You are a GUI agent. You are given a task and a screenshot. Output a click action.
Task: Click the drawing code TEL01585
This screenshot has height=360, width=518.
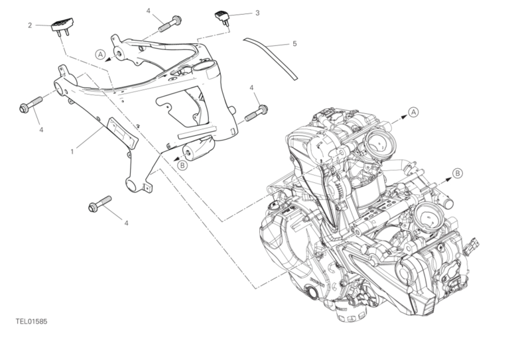coord(31,322)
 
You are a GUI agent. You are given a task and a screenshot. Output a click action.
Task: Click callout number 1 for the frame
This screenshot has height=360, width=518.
coord(72,152)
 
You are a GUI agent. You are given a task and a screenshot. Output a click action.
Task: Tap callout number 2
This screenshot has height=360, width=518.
coord(30,25)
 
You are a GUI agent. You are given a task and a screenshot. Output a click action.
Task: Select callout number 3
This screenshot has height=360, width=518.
coord(257,13)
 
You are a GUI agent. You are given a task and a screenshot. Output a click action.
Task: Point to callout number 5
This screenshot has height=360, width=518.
coord(294,44)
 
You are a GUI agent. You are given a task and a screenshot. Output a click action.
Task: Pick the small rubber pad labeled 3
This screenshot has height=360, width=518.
coord(222,17)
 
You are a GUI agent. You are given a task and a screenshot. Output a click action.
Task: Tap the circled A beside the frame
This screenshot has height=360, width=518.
coord(101,54)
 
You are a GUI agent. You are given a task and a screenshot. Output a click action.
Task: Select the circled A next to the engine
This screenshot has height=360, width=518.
coord(413,112)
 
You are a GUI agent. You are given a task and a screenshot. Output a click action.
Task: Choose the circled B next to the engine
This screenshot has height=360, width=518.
coord(458,173)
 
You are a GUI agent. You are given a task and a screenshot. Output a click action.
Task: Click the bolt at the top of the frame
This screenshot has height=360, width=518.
coord(170,24)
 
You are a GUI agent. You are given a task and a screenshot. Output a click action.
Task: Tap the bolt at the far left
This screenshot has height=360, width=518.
coord(31,104)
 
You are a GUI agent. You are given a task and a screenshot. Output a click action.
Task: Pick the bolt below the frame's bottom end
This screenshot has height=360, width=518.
coord(100,204)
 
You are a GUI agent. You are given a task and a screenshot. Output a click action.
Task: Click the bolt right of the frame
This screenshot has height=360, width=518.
coord(256,113)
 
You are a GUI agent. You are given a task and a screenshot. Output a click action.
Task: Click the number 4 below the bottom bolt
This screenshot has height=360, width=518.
coord(126,223)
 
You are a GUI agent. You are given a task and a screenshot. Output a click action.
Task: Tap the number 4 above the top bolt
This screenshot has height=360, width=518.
coord(149,11)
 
